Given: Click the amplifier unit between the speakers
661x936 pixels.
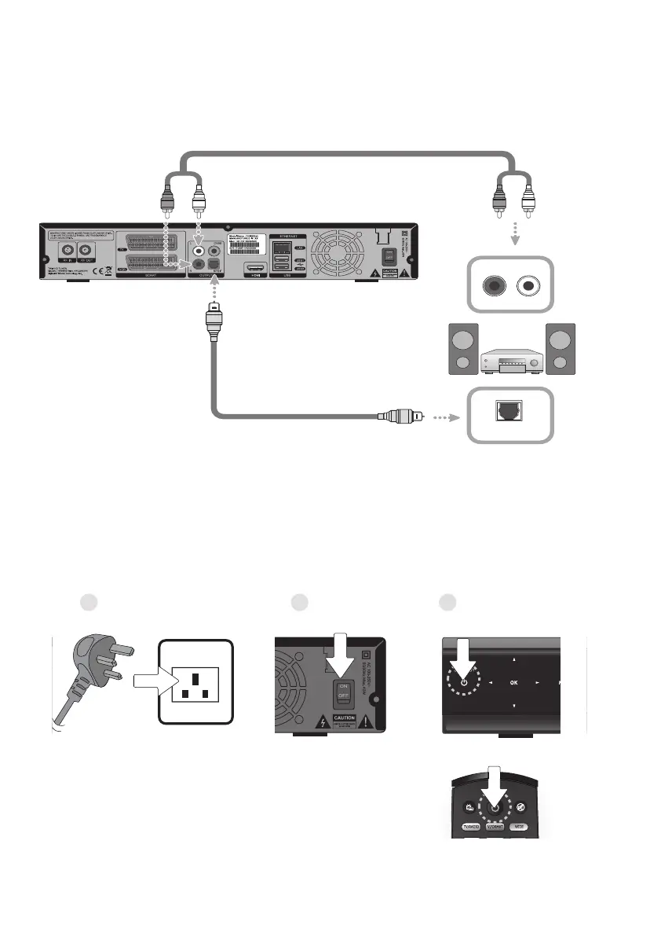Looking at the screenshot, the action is pos(512,360).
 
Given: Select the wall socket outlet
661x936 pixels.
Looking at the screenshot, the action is pos(195,679).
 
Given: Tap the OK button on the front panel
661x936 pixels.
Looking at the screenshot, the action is pos(513,683).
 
